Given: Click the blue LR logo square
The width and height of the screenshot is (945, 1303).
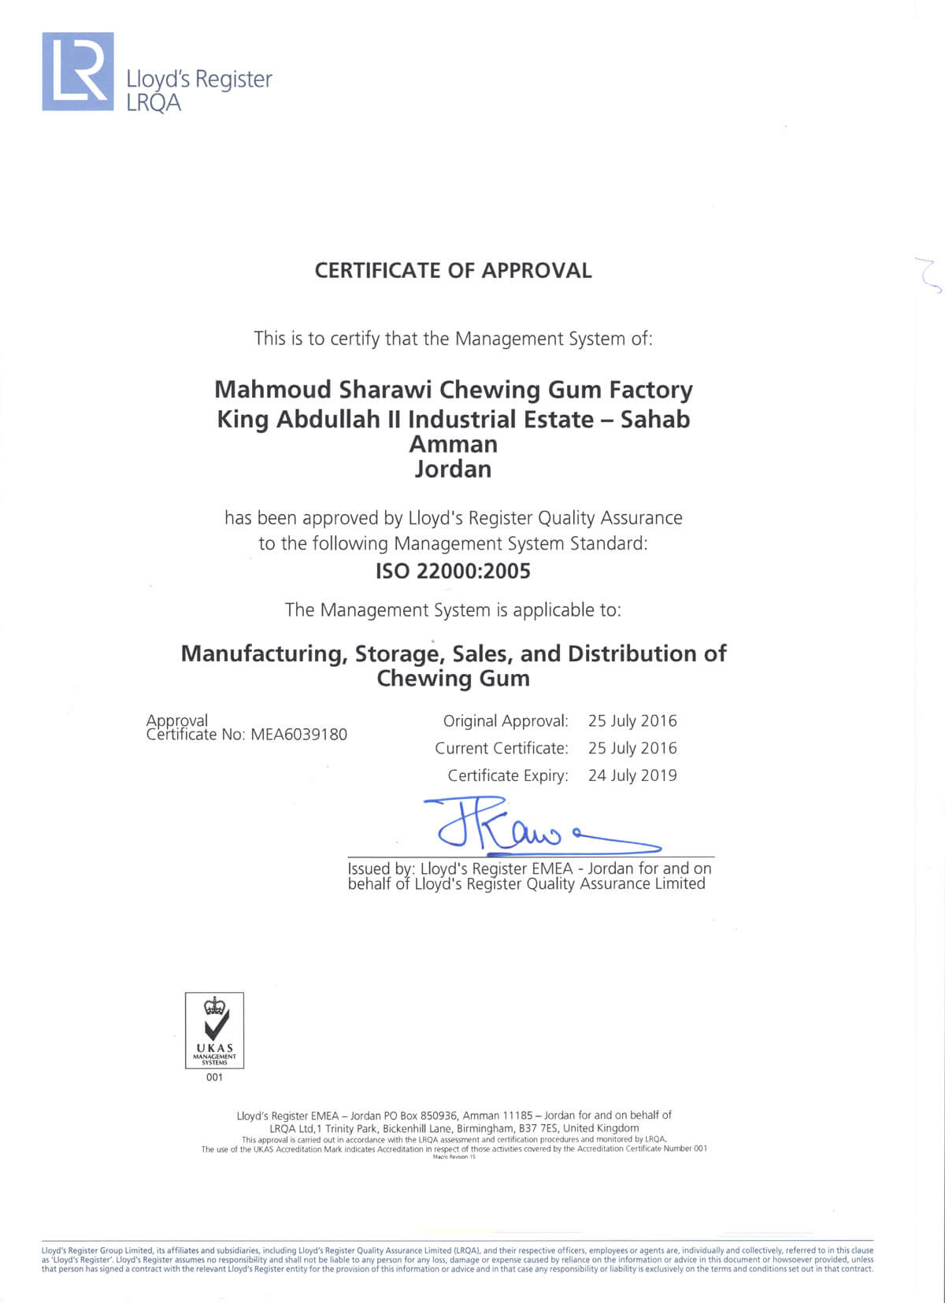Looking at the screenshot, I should pyautogui.click(x=78, y=72).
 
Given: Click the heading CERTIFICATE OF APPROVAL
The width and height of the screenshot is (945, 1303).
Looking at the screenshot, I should pyautogui.click(x=453, y=271).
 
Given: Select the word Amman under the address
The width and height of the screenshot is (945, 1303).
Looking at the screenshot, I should pyautogui.click(x=453, y=444).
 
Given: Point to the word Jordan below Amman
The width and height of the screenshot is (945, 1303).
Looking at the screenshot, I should pyautogui.click(x=453, y=469).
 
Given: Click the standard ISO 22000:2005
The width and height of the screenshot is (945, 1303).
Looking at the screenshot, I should pyautogui.click(x=453, y=571).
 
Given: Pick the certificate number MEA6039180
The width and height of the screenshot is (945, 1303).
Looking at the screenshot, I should pyautogui.click(x=298, y=735).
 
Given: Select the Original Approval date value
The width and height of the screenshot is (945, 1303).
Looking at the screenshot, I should pyautogui.click(x=632, y=721).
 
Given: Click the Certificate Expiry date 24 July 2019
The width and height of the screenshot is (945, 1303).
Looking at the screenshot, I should pyautogui.click(x=632, y=776).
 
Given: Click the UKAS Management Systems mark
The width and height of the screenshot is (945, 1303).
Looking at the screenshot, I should pyautogui.click(x=214, y=1030).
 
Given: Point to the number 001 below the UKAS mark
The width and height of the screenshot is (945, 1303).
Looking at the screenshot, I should pyautogui.click(x=214, y=1077).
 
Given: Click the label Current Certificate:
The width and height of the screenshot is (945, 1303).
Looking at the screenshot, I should pyautogui.click(x=501, y=748).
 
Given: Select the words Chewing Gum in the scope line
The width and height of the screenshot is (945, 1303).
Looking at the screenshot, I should pyautogui.click(x=453, y=679).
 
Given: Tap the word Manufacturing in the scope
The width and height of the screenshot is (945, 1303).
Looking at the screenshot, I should pyautogui.click(x=265, y=653).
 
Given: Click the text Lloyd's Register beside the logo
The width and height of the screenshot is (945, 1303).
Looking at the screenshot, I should pyautogui.click(x=199, y=80).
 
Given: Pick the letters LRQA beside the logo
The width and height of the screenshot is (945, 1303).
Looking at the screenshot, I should pyautogui.click(x=154, y=102).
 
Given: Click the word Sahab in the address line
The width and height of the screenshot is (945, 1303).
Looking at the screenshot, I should pyautogui.click(x=655, y=419).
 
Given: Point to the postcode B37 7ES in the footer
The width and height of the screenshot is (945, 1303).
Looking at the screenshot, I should pyautogui.click(x=539, y=1128).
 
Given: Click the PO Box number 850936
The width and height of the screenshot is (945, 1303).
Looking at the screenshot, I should pyautogui.click(x=439, y=1115).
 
